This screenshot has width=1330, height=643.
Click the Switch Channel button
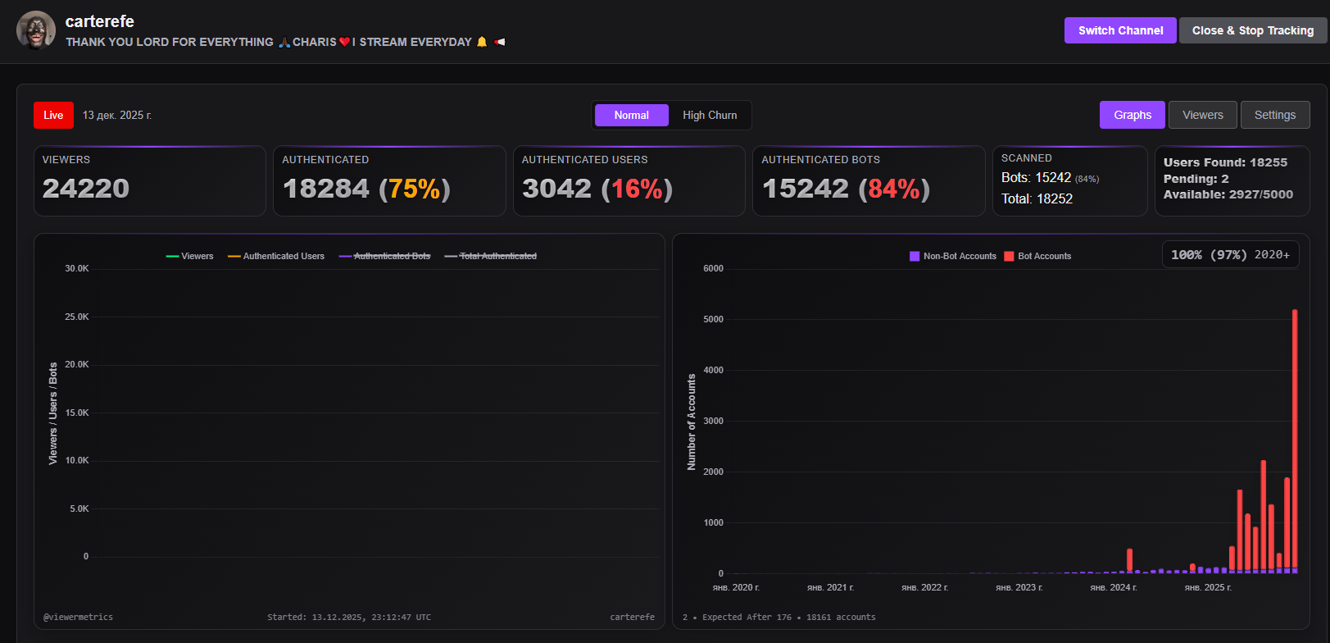(1120, 30)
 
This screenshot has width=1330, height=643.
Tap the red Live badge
(53, 116)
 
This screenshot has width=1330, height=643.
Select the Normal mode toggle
(631, 116)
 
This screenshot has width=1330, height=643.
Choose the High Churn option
(710, 116)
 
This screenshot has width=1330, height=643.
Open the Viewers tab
(1202, 115)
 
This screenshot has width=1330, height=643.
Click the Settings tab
(1274, 115)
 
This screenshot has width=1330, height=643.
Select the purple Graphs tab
(1132, 115)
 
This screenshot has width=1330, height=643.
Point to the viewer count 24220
(86, 189)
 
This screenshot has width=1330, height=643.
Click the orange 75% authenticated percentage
(415, 189)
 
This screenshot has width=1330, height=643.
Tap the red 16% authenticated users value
(637, 189)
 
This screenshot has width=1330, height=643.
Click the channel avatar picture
(36, 30)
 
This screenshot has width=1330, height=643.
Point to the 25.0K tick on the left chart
(77, 317)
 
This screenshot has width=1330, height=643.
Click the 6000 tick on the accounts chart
(713, 269)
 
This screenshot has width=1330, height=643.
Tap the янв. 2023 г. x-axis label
(1019, 588)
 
